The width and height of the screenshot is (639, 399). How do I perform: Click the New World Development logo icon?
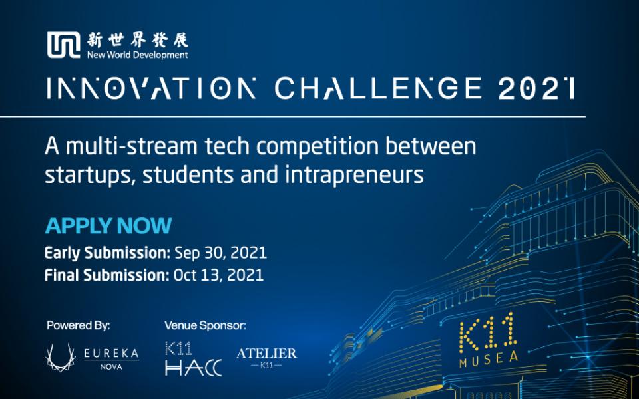point(63,45)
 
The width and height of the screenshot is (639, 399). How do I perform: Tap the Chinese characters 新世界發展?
point(137,40)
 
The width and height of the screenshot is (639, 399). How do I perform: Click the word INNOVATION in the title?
point(151,88)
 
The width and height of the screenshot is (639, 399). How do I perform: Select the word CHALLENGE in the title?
point(378,88)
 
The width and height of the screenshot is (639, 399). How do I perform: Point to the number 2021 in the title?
point(536,88)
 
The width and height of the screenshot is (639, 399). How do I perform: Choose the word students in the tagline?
point(188,175)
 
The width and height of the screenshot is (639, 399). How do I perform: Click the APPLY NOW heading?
point(108,226)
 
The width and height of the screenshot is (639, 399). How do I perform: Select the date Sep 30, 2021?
point(220,253)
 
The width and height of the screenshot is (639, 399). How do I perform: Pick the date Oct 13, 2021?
point(218,275)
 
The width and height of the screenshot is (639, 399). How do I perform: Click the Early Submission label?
point(107,253)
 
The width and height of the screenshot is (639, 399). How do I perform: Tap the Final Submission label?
point(106,275)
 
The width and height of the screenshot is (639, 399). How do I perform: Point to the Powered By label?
point(79,325)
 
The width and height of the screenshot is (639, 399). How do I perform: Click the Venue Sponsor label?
point(206,325)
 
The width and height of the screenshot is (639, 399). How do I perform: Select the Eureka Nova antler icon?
point(61,357)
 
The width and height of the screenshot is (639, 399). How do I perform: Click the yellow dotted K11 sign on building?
point(488,332)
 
